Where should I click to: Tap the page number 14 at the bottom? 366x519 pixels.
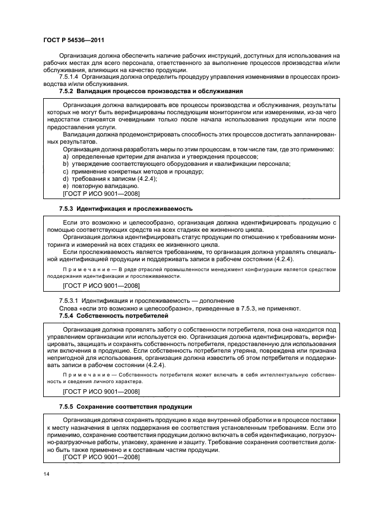(47, 474)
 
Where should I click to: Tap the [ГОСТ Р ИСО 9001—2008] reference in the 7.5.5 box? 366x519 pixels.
(101, 457)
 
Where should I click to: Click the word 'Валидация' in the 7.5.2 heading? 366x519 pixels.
(94, 90)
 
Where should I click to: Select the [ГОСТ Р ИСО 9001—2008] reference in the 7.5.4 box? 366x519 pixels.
(101, 391)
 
